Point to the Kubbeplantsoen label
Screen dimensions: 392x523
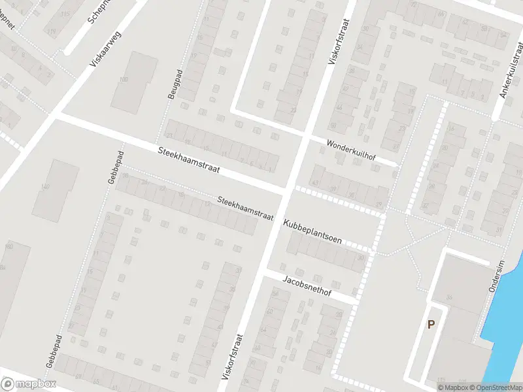(312, 231)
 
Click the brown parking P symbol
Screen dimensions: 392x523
(431, 324)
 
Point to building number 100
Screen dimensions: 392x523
(124, 80)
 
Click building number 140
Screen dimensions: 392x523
(44, 188)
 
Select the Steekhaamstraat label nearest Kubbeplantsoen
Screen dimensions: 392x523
(245, 208)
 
